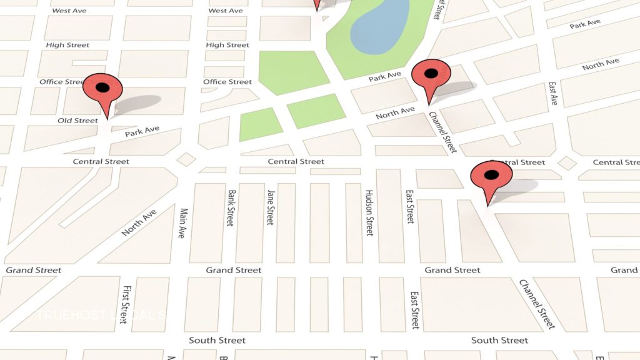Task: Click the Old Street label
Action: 77,120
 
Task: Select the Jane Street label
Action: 270,207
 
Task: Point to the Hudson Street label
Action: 369,212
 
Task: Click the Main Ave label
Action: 182,223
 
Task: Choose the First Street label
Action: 127,301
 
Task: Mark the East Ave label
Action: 552,93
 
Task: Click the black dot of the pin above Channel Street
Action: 431,74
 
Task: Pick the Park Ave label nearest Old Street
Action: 142,132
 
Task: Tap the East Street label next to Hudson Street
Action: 409,206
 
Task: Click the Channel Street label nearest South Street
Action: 536,304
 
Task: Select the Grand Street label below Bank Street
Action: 234,270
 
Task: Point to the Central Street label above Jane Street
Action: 296,161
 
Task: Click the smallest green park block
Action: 261,124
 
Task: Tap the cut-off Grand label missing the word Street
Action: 624,270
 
